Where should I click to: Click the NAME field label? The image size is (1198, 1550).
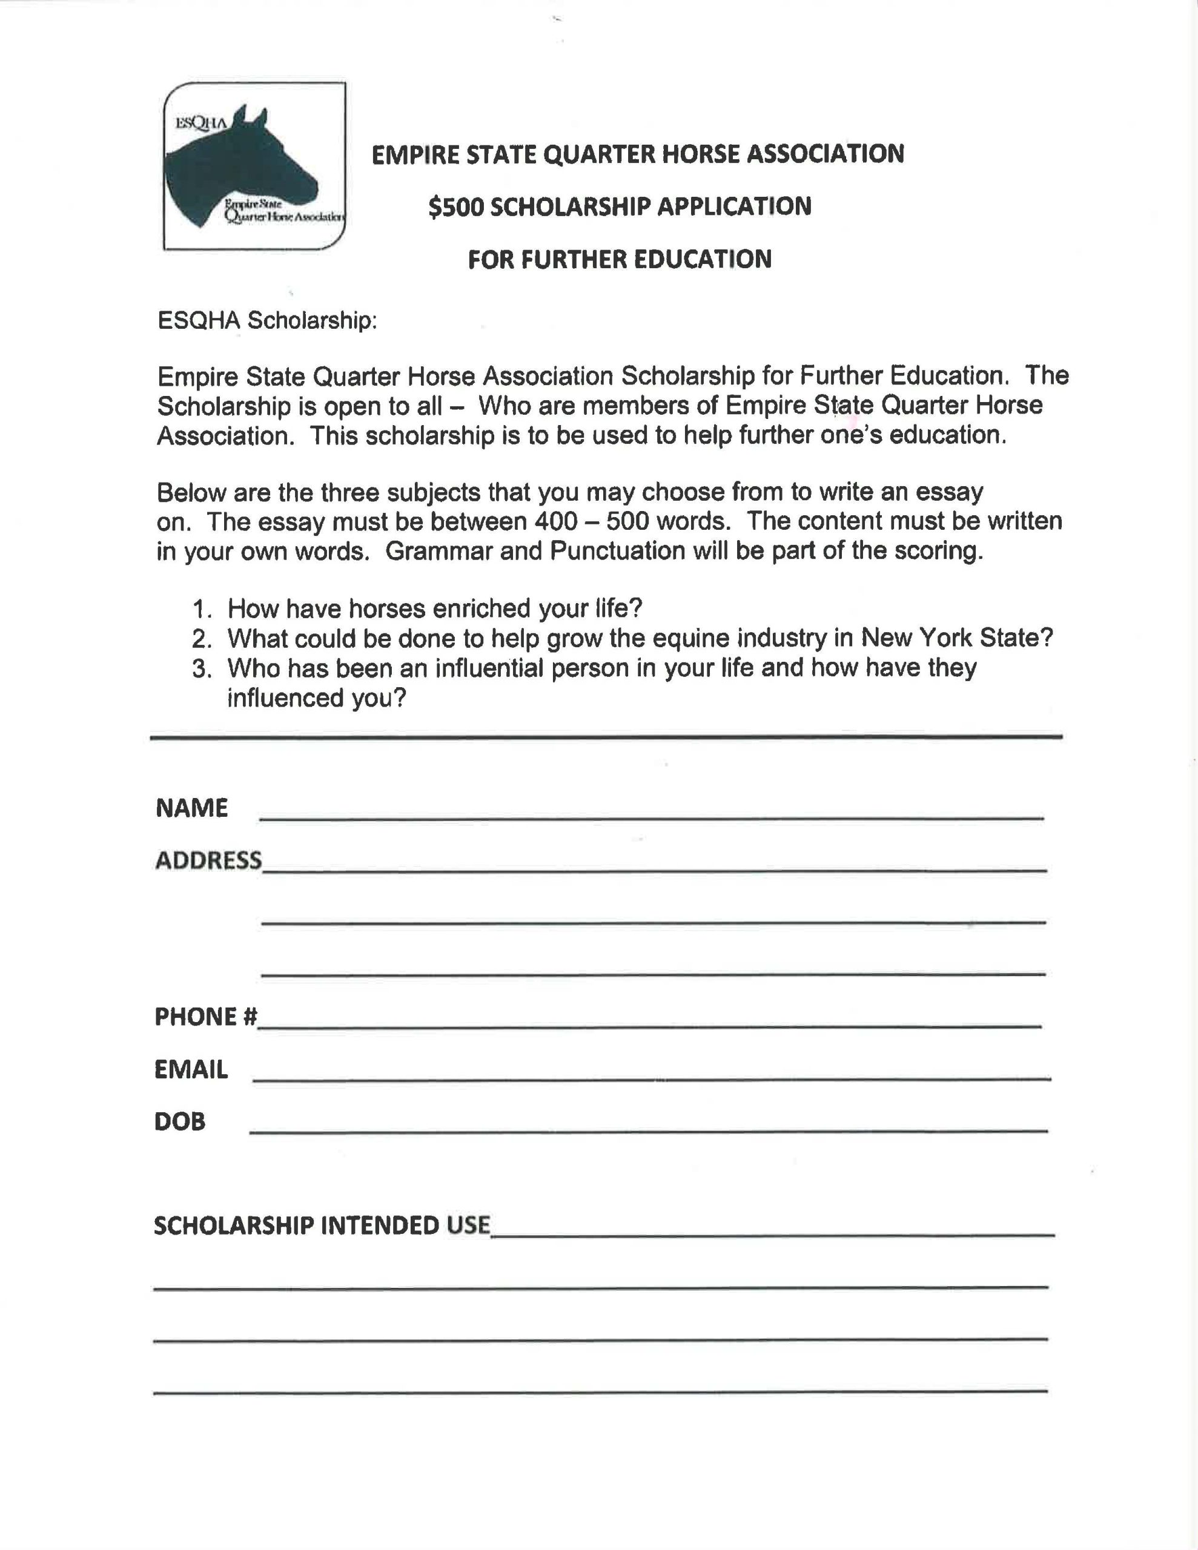(192, 808)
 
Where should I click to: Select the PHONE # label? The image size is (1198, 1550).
(205, 1017)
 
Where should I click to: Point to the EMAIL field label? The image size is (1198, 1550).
(191, 1069)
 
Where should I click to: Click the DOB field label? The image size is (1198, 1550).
(180, 1121)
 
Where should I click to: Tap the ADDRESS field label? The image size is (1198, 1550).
(208, 860)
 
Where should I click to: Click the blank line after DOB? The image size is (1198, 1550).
(647, 1129)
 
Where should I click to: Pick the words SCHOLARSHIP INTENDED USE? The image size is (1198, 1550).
(322, 1225)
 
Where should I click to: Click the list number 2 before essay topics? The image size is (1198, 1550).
(202, 639)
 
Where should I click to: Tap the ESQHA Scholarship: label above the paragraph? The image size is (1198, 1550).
(267, 321)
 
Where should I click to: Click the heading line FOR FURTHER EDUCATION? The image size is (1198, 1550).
(619, 259)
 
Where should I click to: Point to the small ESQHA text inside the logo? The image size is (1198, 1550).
(200, 123)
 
